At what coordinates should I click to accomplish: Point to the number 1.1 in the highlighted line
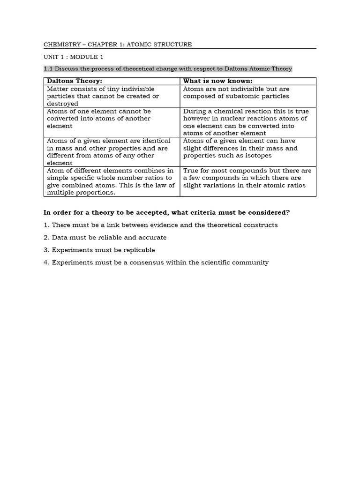click(48, 69)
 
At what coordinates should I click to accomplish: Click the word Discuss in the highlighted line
click(67, 69)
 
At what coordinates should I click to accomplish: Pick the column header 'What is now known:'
click(217, 81)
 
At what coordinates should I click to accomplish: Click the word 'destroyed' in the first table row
click(62, 104)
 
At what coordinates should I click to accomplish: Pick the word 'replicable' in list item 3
click(138, 250)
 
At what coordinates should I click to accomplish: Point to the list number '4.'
click(46, 262)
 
